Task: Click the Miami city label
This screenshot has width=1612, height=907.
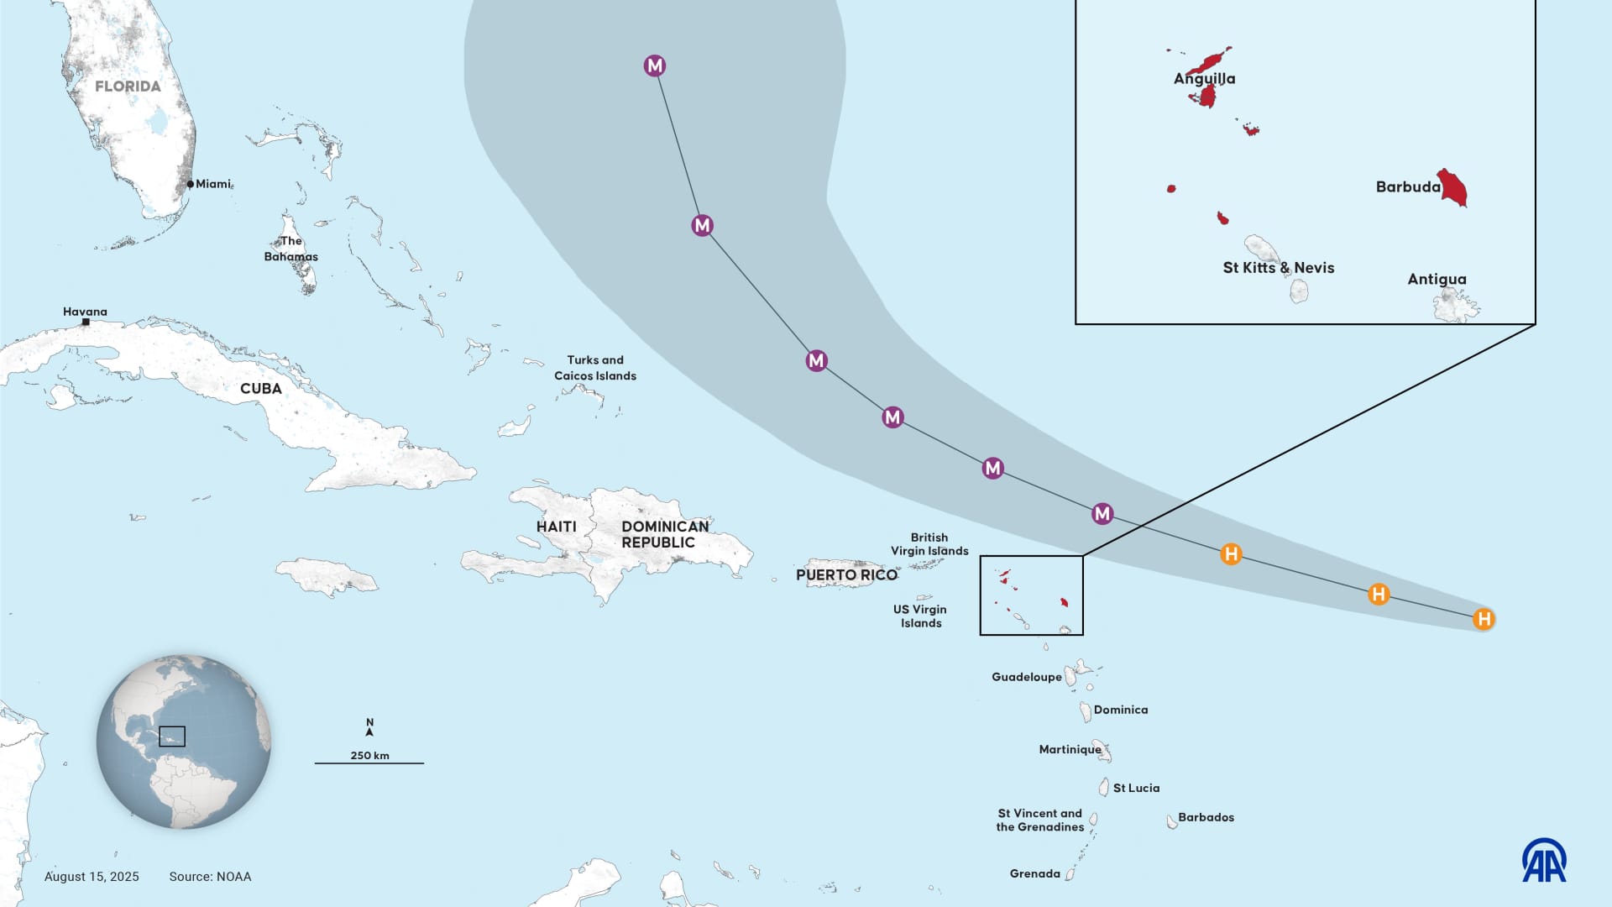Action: tap(212, 184)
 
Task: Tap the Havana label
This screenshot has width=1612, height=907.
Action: tap(85, 312)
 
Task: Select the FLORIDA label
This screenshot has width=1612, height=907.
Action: tap(128, 86)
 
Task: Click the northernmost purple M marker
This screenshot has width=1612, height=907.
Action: tap(655, 66)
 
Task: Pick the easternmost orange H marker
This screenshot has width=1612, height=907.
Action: tap(1484, 619)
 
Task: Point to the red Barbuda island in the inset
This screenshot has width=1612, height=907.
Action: tap(1453, 187)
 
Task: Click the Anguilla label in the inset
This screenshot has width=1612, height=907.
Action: tap(1204, 79)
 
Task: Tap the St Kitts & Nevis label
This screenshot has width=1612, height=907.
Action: tap(1278, 268)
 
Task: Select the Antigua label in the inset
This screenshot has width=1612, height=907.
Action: tap(1437, 279)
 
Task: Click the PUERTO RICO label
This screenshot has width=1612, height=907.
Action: tap(846, 575)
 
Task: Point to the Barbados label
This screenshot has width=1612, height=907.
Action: tap(1206, 817)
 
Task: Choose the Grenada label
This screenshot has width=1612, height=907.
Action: tap(1034, 873)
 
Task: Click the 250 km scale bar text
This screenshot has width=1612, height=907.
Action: tap(369, 755)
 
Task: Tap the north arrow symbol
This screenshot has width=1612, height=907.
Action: tap(369, 727)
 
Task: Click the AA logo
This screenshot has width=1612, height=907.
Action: tap(1544, 860)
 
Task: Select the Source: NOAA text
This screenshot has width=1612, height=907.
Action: tap(210, 876)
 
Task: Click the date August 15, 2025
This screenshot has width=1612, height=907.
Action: tap(92, 876)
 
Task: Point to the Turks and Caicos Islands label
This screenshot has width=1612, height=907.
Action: tap(594, 368)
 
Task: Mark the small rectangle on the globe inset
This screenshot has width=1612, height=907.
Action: tap(172, 737)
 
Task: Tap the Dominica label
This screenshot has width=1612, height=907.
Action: tap(1120, 710)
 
